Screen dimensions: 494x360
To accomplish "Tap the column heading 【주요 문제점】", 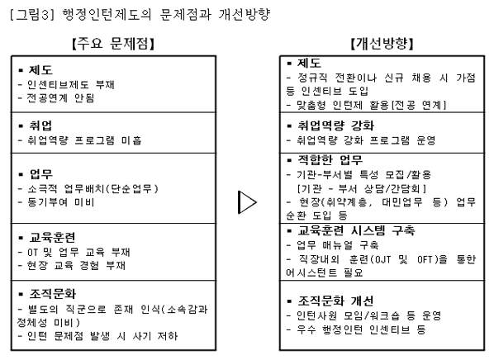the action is (113, 44).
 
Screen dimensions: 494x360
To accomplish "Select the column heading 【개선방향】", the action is (382, 44).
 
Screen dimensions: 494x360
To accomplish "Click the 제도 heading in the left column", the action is (40, 70).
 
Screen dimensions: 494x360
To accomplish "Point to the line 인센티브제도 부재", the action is (70, 84).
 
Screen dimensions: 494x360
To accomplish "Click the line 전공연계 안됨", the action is (60, 98).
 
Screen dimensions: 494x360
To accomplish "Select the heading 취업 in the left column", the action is (40, 126).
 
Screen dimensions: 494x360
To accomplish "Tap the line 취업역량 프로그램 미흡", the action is (84, 140).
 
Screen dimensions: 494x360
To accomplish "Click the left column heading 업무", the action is (41, 174).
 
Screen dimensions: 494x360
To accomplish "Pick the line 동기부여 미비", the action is (61, 202).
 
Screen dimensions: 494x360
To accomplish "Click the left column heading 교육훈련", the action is (52, 238).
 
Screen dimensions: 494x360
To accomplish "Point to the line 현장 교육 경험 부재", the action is (76, 266).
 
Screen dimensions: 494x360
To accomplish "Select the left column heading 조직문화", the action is (52, 294).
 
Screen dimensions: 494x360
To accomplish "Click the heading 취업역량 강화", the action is (336, 126).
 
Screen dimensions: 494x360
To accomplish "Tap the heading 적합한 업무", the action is (330, 160).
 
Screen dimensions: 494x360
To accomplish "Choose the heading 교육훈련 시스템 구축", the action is (356, 231).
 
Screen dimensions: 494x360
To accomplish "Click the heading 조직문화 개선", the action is (335, 301).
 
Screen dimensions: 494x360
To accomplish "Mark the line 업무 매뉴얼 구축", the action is (337, 244).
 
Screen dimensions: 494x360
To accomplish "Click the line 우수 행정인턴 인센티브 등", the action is (361, 329).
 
